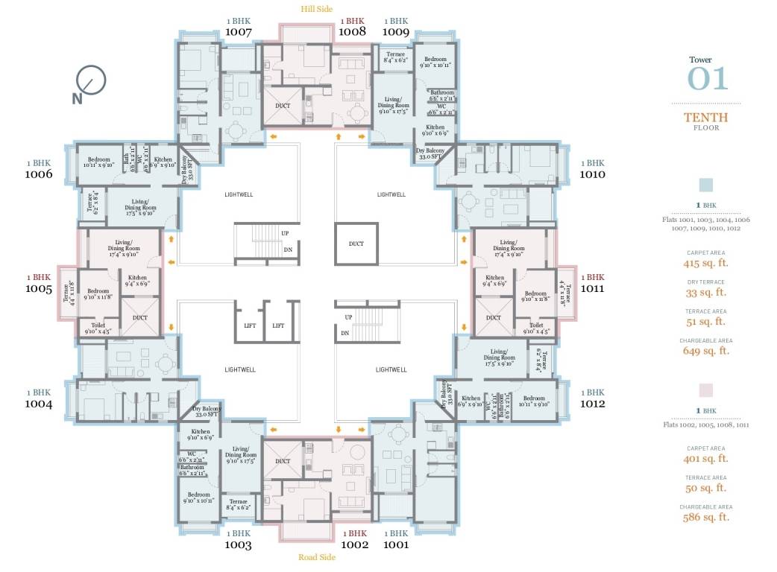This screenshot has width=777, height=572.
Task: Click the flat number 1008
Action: point(352,32)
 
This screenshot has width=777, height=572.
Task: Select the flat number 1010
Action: point(593,174)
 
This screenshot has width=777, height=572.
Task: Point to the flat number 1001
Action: point(396,544)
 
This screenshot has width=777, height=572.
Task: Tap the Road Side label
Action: point(317,557)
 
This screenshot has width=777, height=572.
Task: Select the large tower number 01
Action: point(706,79)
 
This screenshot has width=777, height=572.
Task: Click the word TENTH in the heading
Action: point(706,118)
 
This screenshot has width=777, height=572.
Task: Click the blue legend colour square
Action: point(706,185)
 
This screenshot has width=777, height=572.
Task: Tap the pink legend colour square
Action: point(706,390)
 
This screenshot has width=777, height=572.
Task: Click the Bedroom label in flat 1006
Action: point(99,159)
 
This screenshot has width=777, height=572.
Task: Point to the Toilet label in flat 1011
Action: point(536,325)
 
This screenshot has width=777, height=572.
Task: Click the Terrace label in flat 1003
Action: point(239,502)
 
